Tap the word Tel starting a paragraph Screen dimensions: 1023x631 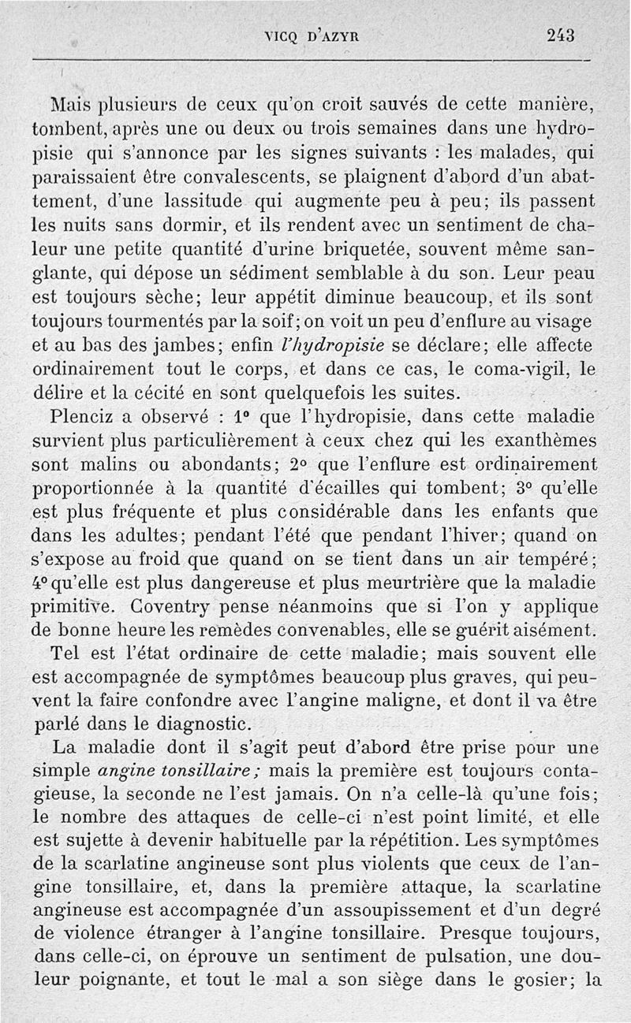[x=65, y=653]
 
